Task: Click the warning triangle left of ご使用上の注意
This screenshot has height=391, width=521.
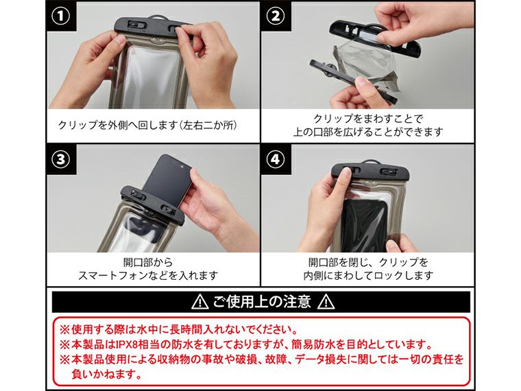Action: click(200, 302)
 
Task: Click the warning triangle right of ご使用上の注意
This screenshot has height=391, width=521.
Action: click(326, 302)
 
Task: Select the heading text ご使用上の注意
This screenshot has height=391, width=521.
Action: click(263, 302)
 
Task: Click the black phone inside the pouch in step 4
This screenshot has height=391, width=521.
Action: click(367, 223)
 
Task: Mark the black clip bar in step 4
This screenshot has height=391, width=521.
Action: click(367, 171)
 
